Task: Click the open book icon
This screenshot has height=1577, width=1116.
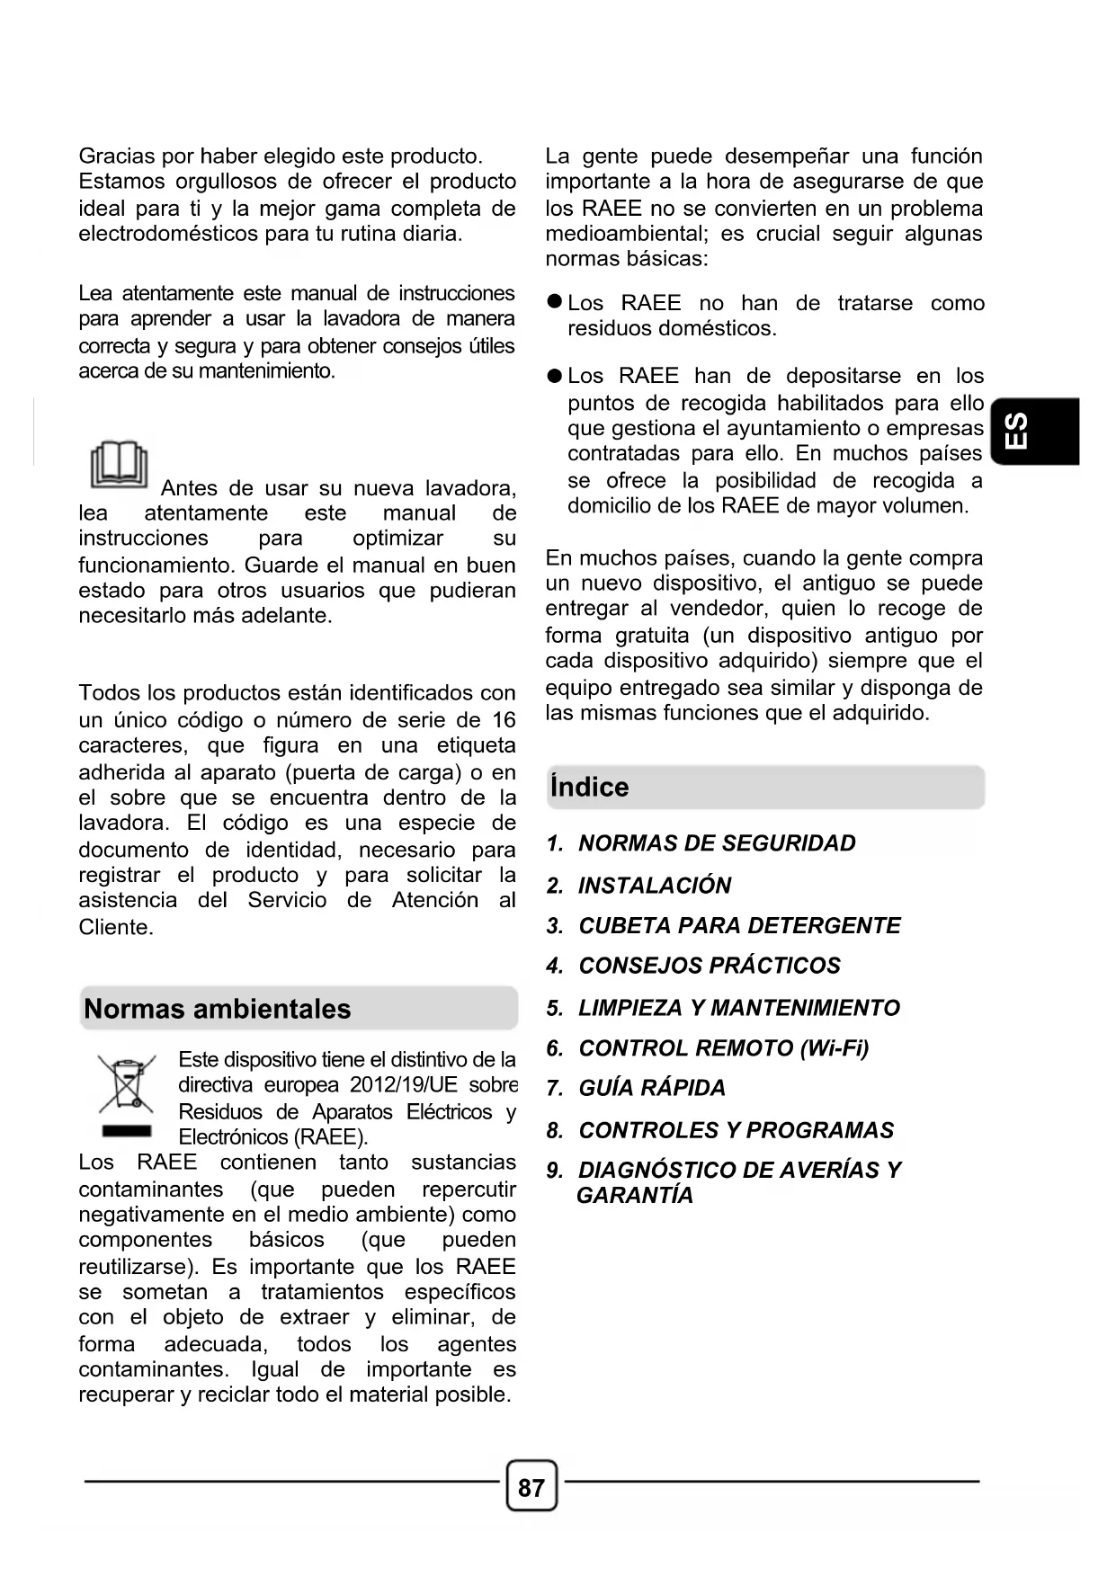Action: pyautogui.click(x=119, y=465)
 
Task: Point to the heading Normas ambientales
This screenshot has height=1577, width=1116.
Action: pyautogui.click(x=218, y=1009)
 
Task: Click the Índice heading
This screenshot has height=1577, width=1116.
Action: pyautogui.click(x=590, y=788)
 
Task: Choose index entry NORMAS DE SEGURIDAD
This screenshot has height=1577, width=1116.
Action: pyautogui.click(x=716, y=843)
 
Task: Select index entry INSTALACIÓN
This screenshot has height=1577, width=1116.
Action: pyautogui.click(x=654, y=886)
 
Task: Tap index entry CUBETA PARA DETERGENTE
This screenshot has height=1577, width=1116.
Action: pyautogui.click(x=738, y=926)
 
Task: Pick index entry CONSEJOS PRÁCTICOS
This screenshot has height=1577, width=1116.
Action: pyautogui.click(x=709, y=966)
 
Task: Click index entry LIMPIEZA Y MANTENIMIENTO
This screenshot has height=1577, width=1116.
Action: pyautogui.click(x=738, y=1008)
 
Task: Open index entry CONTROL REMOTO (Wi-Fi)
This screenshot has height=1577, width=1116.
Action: pyautogui.click(x=723, y=1048)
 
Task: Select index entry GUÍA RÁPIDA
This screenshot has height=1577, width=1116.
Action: pyautogui.click(x=651, y=1088)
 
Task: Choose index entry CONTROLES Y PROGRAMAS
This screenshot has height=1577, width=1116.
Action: pyautogui.click(x=736, y=1130)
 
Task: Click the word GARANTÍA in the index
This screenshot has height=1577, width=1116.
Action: pyautogui.click(x=635, y=1196)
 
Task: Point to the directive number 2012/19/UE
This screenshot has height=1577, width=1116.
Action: pyautogui.click(x=403, y=1085)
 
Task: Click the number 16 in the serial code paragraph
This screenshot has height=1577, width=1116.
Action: pyautogui.click(x=504, y=720)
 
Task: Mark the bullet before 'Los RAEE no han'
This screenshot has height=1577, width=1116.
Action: pyautogui.click(x=555, y=303)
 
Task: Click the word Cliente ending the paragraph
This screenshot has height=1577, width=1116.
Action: pyautogui.click(x=114, y=928)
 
